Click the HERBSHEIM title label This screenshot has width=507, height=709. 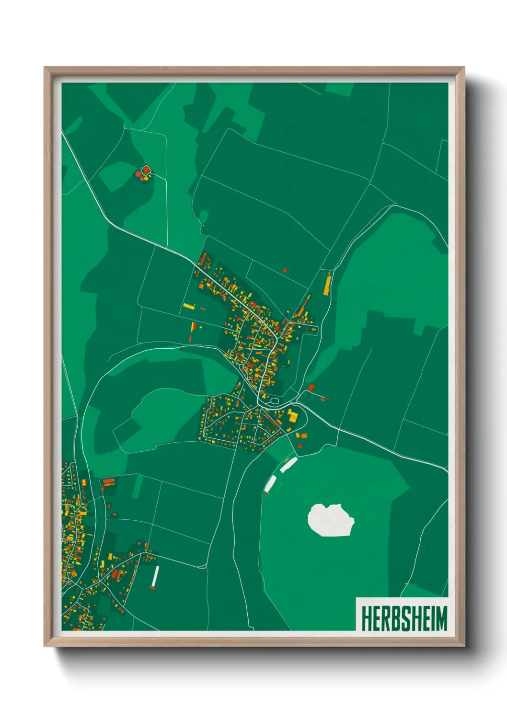403,618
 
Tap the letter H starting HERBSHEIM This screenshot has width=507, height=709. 366,618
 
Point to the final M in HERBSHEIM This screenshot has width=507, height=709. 440,618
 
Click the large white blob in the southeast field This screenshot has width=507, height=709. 331,520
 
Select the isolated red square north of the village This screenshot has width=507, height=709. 284,271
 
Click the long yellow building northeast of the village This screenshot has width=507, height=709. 327,284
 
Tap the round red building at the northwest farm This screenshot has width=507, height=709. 138,174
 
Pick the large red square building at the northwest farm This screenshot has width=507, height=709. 146,169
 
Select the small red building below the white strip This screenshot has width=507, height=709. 153,588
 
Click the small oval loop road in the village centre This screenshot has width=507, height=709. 275,400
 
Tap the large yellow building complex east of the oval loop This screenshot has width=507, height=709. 292,416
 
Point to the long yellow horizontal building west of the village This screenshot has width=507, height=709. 189,306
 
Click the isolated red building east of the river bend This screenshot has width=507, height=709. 311,387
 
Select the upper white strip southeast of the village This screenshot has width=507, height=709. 288,464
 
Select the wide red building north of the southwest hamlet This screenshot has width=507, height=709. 109,481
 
